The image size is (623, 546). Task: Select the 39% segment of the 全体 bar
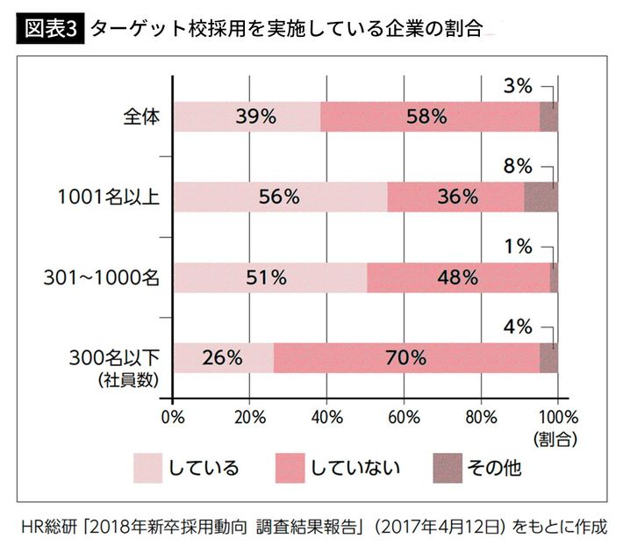click(x=247, y=116)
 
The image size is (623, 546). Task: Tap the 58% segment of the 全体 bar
click(x=430, y=116)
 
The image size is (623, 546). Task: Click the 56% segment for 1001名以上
click(x=280, y=197)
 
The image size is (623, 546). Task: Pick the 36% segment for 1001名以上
click(x=455, y=197)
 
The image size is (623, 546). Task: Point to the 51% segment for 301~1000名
click(x=270, y=277)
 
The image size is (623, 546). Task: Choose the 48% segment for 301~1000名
click(x=458, y=277)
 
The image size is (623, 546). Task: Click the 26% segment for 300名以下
click(x=224, y=357)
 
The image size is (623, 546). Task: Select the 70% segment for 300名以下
click(x=406, y=357)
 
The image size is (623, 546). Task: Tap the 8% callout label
click(x=519, y=166)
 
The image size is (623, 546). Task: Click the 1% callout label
click(x=519, y=247)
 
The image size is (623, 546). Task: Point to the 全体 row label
click(x=142, y=116)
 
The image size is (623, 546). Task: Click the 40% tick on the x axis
click(x=326, y=414)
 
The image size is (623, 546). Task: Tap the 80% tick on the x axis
click(x=481, y=414)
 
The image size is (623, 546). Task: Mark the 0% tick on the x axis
click(x=173, y=414)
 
